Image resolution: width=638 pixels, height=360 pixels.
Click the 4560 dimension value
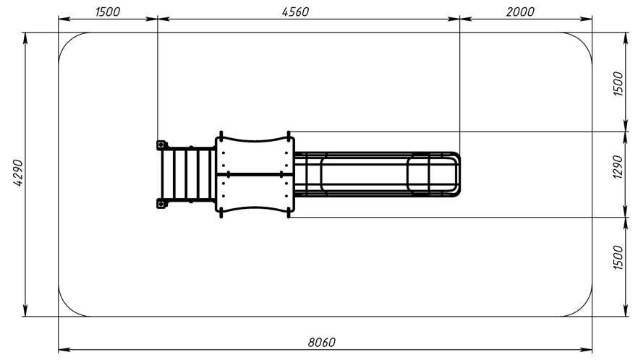point(295,12)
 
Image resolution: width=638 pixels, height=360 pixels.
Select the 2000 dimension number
point(520,12)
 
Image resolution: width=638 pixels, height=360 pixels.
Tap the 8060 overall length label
point(321,343)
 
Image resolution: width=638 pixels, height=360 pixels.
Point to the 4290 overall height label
point(18,173)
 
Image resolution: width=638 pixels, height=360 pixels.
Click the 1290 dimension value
point(617,166)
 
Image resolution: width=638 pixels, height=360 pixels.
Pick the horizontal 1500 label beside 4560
point(107,12)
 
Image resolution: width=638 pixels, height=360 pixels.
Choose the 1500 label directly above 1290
point(617,83)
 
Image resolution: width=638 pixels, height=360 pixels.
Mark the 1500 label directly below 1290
point(617,257)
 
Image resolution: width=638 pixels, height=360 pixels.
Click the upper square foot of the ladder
point(161,145)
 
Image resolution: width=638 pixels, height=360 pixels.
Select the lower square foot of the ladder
point(161,203)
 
